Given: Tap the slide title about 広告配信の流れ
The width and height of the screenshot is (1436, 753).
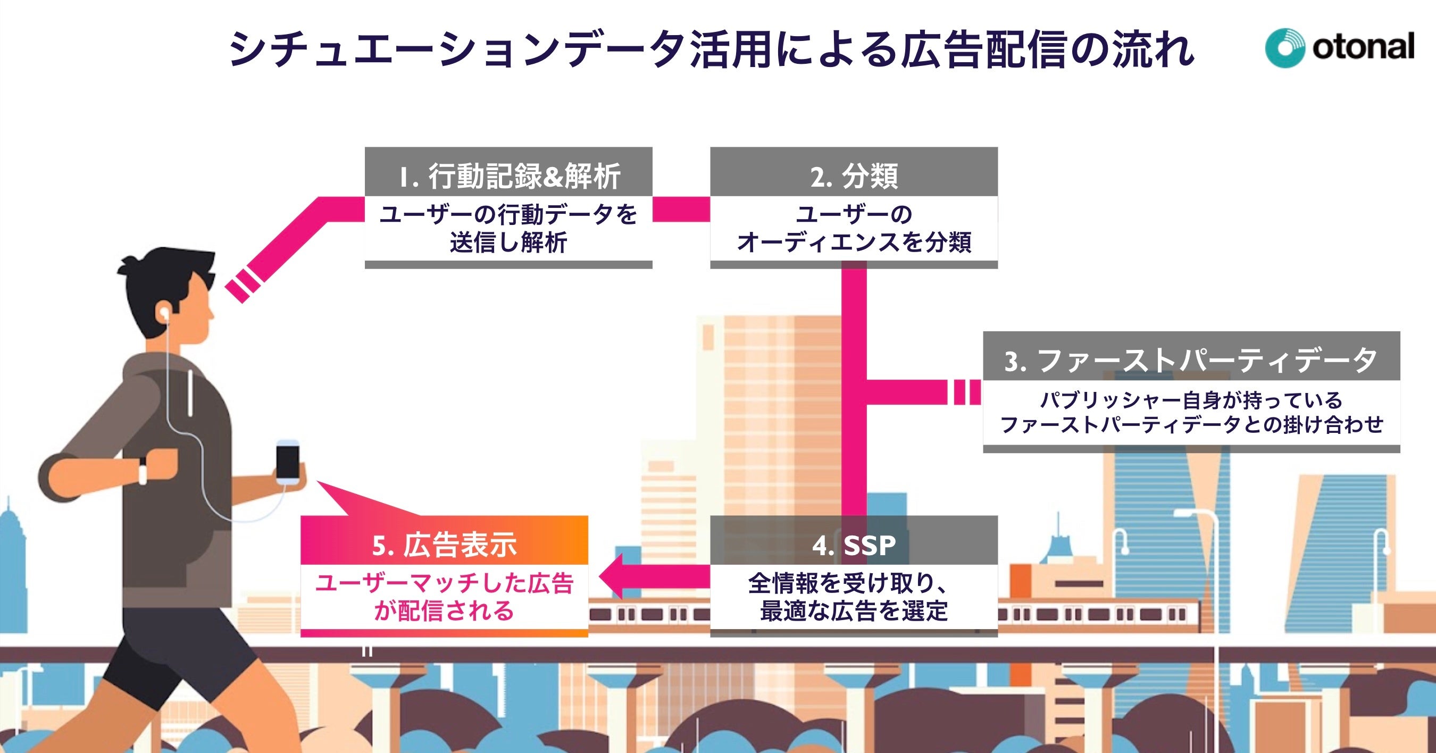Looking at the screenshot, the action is click(x=711, y=51).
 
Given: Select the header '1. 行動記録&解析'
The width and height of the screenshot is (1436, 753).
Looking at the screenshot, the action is click(x=508, y=176).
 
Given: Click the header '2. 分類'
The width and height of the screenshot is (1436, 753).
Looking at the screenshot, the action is click(x=854, y=176).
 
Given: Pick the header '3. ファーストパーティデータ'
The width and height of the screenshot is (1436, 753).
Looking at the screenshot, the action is click(x=1191, y=360).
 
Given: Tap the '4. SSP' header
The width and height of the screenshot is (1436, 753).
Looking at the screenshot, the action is click(x=854, y=545).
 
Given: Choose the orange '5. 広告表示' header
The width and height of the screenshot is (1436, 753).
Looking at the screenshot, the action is click(x=444, y=545).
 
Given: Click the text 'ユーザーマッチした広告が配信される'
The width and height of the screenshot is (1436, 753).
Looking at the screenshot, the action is click(x=444, y=598).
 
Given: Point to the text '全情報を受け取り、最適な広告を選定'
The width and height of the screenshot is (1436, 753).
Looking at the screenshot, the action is click(x=854, y=598).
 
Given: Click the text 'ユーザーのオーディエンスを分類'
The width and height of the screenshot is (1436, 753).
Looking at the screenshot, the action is click(x=854, y=229).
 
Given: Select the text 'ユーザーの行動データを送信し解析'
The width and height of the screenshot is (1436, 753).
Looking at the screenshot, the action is click(x=508, y=229).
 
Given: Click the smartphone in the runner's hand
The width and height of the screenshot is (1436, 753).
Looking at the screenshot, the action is click(x=288, y=462).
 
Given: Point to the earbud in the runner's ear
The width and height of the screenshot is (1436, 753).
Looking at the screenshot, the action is click(x=165, y=313).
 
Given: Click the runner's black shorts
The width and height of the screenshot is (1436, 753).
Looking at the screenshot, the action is click(x=167, y=652).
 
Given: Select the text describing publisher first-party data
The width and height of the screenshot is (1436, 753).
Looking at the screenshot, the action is click(x=1191, y=413).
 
